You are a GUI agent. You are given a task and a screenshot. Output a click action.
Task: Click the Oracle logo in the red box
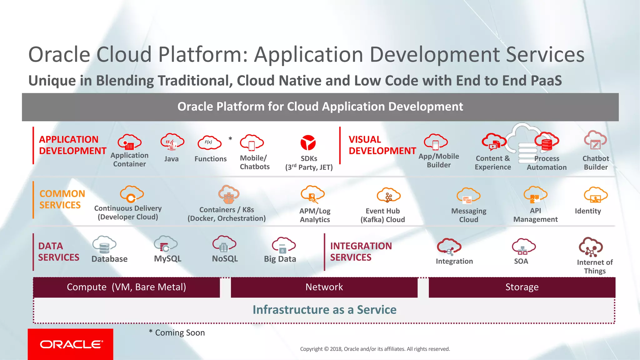coord(71,344)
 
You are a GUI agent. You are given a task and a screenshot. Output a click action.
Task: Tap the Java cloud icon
coord(172,142)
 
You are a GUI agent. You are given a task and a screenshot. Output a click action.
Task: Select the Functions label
coord(210,159)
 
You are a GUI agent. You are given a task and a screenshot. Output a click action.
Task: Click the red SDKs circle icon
coord(308,143)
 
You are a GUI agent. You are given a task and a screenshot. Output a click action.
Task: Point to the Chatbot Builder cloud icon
coord(595,141)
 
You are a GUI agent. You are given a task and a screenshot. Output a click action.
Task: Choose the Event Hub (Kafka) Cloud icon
coord(388,195)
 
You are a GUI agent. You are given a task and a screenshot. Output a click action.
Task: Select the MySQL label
coord(167,259)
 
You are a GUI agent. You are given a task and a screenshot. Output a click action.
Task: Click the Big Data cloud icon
coord(283,245)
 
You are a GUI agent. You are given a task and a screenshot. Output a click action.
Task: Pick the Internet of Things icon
coord(591,247)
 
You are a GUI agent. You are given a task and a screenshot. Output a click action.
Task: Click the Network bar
coord(324,287)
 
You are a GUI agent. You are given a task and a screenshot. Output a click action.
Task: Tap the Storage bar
coord(522,287)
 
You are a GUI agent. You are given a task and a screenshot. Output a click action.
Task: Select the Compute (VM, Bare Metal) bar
coord(126,287)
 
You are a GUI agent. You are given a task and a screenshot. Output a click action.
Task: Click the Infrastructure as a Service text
coord(324,310)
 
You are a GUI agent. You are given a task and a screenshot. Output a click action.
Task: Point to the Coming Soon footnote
coord(177,333)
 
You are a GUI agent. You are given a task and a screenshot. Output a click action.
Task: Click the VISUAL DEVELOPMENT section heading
coord(382,145)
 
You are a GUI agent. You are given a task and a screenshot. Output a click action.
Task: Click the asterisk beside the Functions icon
coord(230,138)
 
